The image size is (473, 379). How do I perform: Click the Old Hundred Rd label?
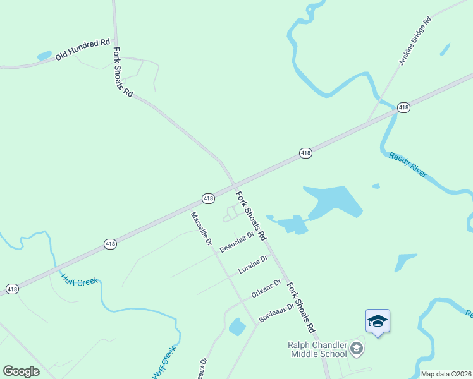(82, 50)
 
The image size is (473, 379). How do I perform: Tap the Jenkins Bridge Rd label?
(415, 42)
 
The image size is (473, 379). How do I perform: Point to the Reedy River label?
(408, 164)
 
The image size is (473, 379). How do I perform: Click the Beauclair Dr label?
(236, 242)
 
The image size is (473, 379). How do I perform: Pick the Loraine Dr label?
(253, 265)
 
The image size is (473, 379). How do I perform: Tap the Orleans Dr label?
(266, 289)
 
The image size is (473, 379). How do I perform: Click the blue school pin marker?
(378, 322)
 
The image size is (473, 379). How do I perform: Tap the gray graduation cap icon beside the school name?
(357, 348)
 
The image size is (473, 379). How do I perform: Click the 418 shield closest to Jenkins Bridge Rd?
(404, 108)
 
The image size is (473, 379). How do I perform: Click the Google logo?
(21, 371)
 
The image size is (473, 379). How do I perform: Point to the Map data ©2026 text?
(446, 374)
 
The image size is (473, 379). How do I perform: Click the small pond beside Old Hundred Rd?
(44, 56)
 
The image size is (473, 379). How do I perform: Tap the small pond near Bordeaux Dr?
(237, 327)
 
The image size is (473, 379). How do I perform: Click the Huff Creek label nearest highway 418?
(80, 279)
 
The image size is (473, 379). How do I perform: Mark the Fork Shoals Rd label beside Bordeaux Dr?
(300, 308)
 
